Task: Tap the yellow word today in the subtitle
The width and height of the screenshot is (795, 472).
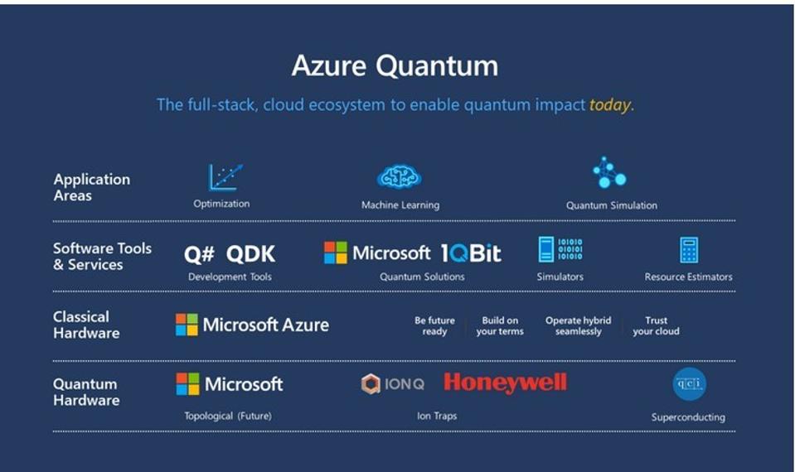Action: [x=609, y=105]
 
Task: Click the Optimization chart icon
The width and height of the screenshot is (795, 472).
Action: [x=225, y=176]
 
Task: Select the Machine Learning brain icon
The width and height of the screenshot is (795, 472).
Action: [x=400, y=176]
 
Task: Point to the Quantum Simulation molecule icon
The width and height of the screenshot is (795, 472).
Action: [x=609, y=172]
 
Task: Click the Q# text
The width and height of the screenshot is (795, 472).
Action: [x=199, y=254]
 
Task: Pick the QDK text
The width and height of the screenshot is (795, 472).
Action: [x=250, y=254]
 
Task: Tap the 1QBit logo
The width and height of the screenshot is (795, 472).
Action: [x=471, y=253]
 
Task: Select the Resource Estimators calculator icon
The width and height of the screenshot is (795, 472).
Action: [x=688, y=250]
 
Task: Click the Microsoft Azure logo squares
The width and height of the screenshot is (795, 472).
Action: [x=187, y=325]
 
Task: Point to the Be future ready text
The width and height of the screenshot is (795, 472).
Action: [x=434, y=325]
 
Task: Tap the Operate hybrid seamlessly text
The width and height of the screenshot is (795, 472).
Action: [x=578, y=325]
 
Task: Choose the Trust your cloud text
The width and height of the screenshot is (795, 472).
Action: [x=656, y=325]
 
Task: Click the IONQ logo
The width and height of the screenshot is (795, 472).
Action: [x=393, y=383]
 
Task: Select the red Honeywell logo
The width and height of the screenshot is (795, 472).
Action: [x=505, y=383]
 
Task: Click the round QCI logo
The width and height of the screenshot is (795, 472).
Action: [x=689, y=383]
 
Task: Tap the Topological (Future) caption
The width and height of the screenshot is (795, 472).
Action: [x=228, y=416]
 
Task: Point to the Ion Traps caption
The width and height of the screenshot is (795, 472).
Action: [x=437, y=416]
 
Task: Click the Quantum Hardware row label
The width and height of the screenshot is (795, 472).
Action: [x=86, y=392]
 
